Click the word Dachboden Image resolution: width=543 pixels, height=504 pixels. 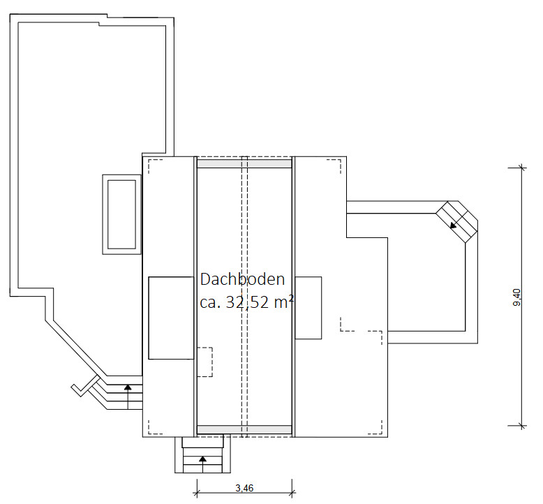242,279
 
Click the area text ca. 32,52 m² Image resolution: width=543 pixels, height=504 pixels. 247,302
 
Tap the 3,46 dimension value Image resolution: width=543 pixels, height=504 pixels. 244,488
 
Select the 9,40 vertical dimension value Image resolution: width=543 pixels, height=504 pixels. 516,297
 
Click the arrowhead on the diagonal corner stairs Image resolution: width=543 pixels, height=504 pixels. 452,225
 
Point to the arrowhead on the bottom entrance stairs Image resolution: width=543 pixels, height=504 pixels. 202,459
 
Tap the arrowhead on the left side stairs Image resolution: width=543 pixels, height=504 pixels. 128,387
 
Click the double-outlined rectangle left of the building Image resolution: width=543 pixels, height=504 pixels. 121,214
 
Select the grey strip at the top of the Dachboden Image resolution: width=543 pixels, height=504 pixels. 244,163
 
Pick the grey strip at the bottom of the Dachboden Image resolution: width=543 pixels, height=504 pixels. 244,429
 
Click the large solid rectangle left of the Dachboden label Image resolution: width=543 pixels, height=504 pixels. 171,318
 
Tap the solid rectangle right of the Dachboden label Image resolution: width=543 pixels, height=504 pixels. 308,308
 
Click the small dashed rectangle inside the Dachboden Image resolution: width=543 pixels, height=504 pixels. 204,362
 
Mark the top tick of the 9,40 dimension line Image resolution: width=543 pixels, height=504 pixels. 522,168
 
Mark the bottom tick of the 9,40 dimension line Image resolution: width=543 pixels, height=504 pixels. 522,426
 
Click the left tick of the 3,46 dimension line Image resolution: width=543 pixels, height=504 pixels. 197,492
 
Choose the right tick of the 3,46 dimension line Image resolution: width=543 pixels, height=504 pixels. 292,492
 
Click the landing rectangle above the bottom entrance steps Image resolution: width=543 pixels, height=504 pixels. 203,443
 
